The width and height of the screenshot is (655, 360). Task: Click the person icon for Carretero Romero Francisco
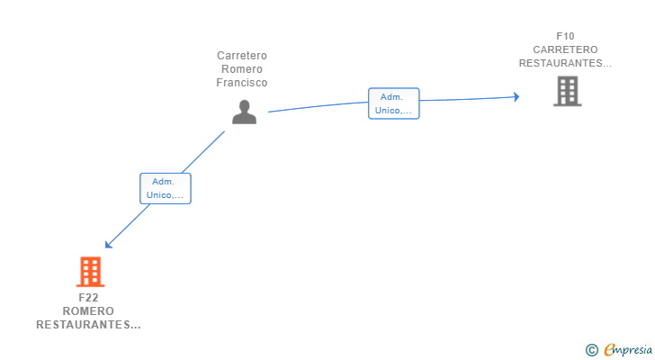[245, 112]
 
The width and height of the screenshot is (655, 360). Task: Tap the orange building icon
[90, 272]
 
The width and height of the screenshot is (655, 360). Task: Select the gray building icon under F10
[567, 91]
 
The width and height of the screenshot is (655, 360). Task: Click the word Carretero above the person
[242, 56]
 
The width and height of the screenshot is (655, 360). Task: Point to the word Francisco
[242, 83]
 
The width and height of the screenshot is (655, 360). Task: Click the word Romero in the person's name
[242, 69]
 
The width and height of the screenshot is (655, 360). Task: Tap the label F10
[565, 36]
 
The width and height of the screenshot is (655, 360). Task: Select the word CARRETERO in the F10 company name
[565, 49]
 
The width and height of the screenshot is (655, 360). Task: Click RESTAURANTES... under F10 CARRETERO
[565, 63]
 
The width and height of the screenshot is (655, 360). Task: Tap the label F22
[88, 298]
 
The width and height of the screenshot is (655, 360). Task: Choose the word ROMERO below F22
[88, 311]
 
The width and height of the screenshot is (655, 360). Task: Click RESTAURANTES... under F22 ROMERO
[88, 325]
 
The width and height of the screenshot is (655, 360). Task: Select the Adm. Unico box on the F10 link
[393, 103]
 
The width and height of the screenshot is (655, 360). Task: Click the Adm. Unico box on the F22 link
[166, 188]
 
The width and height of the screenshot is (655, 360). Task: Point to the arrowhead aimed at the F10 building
[516, 97]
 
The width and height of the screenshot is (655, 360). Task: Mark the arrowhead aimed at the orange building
[108, 245]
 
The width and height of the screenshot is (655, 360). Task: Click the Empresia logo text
[628, 350]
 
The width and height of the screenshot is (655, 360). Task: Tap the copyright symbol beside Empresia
[592, 350]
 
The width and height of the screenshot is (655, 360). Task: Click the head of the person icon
[245, 105]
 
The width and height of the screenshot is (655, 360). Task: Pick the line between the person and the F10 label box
[318, 106]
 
